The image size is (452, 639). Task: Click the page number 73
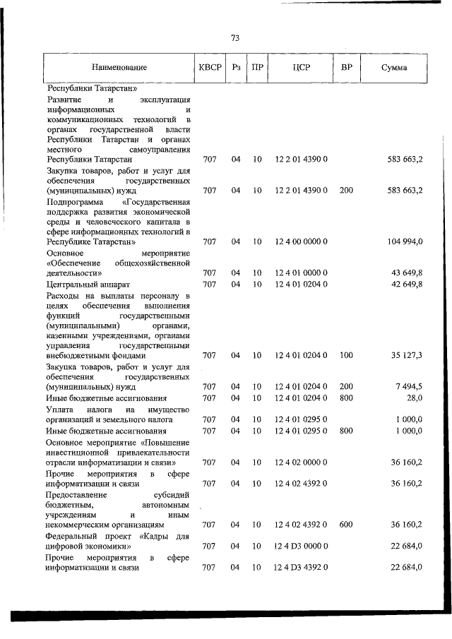point(234,37)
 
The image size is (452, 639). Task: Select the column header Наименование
point(119,68)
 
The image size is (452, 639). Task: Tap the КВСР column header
point(210,68)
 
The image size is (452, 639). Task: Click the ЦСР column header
point(301,68)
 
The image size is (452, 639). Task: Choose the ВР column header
point(346,68)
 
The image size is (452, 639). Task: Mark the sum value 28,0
point(414,398)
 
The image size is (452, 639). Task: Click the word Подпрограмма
point(72,201)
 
